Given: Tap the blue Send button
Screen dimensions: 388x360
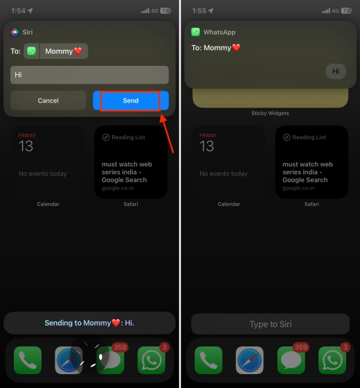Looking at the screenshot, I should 131,100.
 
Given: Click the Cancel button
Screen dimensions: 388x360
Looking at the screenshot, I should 48,100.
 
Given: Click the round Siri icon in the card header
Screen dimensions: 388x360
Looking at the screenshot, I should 15,32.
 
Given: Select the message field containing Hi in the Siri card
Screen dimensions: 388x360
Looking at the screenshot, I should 89,75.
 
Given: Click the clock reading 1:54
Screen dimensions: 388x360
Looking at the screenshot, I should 18,10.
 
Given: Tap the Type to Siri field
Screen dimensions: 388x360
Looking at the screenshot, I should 269,324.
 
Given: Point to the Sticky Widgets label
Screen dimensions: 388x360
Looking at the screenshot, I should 270,113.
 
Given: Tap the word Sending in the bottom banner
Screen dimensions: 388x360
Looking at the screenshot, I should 60,323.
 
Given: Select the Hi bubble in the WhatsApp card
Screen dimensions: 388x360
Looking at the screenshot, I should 336,71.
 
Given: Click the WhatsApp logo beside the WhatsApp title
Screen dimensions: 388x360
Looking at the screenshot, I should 196,33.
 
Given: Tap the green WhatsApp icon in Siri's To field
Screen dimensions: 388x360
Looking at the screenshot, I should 32,51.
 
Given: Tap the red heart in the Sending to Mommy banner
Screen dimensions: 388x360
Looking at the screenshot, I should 117,323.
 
